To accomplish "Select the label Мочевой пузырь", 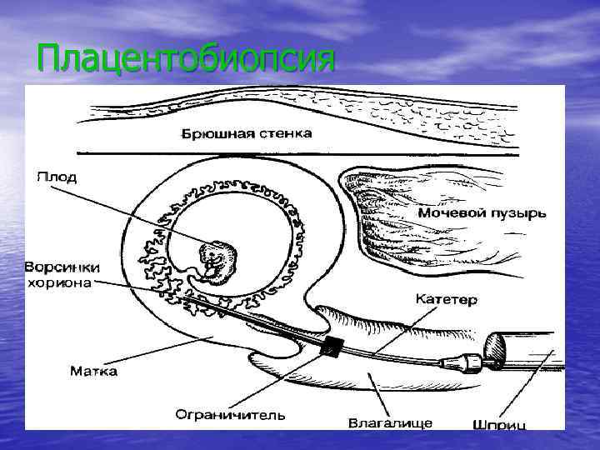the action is tap(482, 212).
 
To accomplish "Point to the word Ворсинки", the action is tap(62, 267).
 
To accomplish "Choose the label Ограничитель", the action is tap(231, 413).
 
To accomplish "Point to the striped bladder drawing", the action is tap(392, 208).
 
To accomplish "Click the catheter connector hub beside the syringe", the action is tap(472, 362).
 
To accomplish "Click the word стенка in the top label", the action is tap(285, 133).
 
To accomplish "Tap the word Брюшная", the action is tap(212, 133).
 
